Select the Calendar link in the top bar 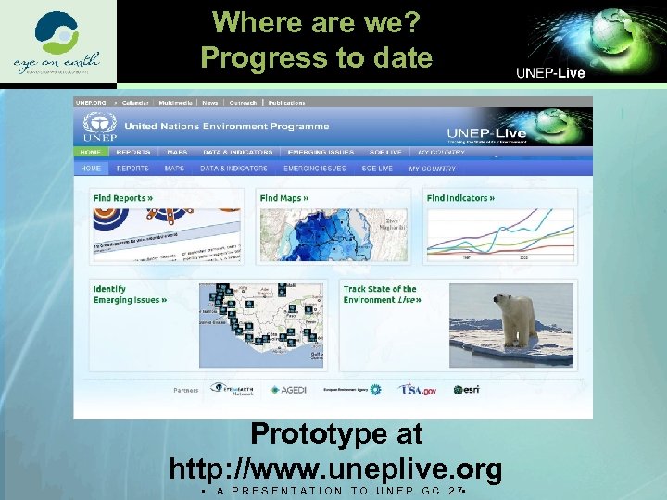(x=134, y=103)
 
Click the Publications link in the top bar (x=288, y=103)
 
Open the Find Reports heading (x=122, y=198)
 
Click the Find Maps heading (x=284, y=198)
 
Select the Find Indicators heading (x=460, y=198)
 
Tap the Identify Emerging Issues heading (x=129, y=294)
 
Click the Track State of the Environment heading (x=381, y=294)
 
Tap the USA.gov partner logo (x=417, y=390)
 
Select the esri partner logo (x=466, y=390)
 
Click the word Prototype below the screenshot (x=335, y=433)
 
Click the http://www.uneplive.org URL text (x=335, y=468)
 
